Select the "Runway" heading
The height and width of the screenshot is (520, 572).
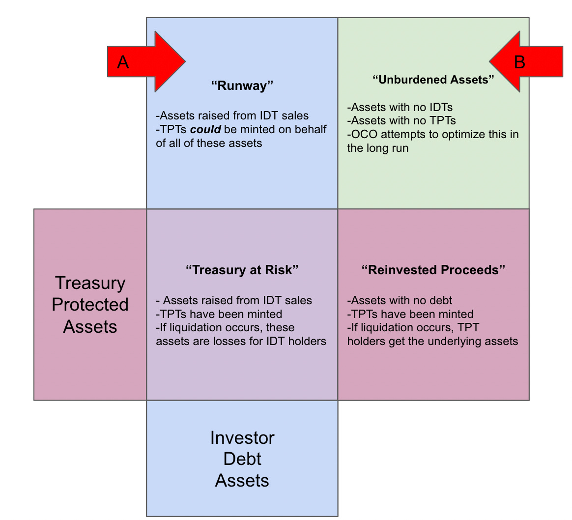(242, 86)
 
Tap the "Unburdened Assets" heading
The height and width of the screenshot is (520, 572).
(433, 80)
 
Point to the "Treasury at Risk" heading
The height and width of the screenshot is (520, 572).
(242, 270)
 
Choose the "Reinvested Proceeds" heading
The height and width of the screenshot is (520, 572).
(433, 270)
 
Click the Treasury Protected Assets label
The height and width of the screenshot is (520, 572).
(90, 305)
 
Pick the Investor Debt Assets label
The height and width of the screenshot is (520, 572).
(242, 459)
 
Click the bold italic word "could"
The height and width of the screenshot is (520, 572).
(205, 130)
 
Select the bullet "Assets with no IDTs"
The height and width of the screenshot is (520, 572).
(400, 107)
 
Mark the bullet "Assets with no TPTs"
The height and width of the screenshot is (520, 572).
(401, 121)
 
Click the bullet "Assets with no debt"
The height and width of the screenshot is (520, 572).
(400, 300)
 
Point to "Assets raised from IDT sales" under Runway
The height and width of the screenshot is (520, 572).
(232, 116)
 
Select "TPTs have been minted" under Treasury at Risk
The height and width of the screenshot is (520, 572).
(219, 314)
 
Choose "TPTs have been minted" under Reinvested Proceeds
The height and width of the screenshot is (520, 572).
(410, 314)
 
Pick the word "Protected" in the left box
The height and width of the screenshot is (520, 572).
(90, 305)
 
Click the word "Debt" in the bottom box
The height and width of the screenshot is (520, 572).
(242, 459)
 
